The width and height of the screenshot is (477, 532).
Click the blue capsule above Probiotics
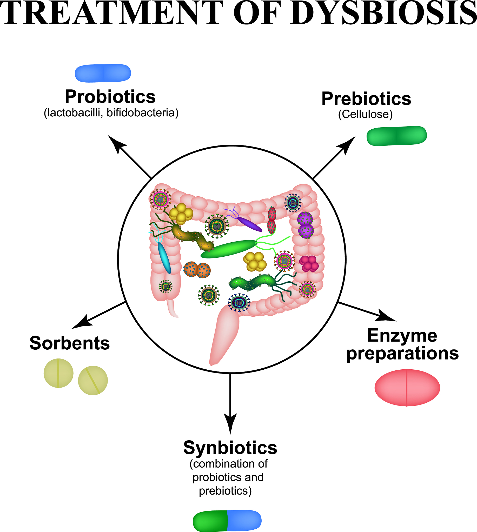(x=103, y=73)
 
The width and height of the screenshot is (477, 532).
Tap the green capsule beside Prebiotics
(x=396, y=136)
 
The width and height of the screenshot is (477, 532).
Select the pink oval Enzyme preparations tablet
(x=407, y=388)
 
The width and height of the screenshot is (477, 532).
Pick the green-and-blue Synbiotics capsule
(x=227, y=521)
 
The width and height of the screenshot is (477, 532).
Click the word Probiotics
(x=110, y=97)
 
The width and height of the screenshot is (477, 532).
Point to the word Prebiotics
(x=366, y=99)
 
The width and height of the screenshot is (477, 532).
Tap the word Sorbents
(x=69, y=343)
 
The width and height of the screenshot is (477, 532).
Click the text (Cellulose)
(x=365, y=114)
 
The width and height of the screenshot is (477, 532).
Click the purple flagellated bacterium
(x=249, y=224)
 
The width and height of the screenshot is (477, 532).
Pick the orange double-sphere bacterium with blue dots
(x=197, y=270)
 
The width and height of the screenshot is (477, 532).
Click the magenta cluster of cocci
(x=309, y=263)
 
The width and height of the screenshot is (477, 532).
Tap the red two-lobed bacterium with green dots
(x=272, y=220)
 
